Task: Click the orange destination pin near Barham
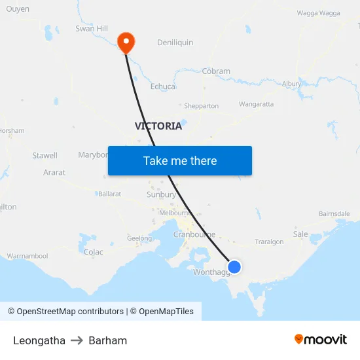pyautogui.click(x=126, y=43)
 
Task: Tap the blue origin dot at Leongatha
pyautogui.click(x=234, y=267)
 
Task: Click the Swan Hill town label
pyautogui.click(x=92, y=29)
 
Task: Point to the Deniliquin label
pyautogui.click(x=175, y=43)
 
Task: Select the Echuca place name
pyautogui.click(x=163, y=86)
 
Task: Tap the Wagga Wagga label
pyautogui.click(x=318, y=13)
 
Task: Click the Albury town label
pyautogui.click(x=291, y=84)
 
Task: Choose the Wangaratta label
pyautogui.click(x=256, y=104)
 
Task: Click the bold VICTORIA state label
pyautogui.click(x=158, y=126)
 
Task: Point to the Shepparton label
pyautogui.click(x=201, y=106)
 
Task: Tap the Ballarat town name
pyautogui.click(x=110, y=194)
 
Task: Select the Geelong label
pyautogui.click(x=139, y=239)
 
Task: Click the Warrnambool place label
pyautogui.click(x=27, y=256)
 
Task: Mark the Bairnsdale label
pyautogui.click(x=334, y=214)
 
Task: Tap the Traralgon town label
pyautogui.click(x=269, y=242)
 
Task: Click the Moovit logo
pyautogui.click(x=321, y=340)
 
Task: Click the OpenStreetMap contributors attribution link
pyautogui.click(x=70, y=312)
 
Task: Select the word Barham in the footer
pyautogui.click(x=108, y=340)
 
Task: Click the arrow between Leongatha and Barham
pyautogui.click(x=77, y=340)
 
